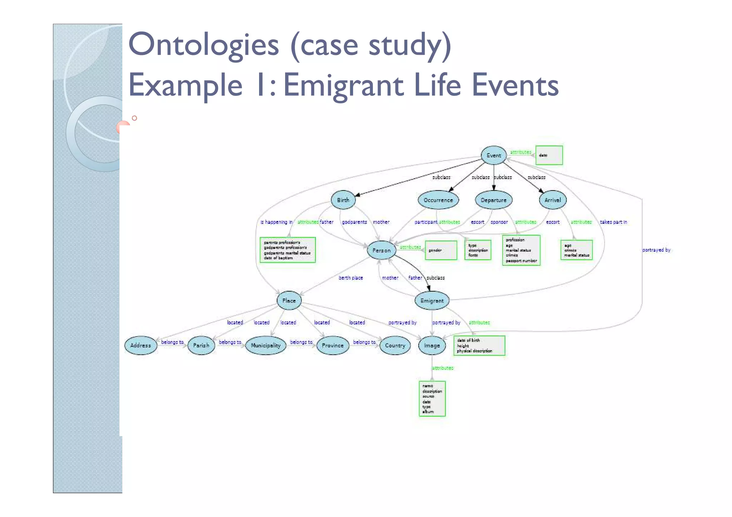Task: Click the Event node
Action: (494, 155)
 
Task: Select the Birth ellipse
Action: (343, 200)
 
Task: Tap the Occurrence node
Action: (438, 200)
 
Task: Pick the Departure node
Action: (494, 200)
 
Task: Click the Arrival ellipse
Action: (553, 200)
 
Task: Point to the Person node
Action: (381, 250)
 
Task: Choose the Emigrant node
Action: (432, 301)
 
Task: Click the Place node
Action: (289, 300)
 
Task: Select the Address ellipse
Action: (140, 346)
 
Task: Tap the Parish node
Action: (201, 346)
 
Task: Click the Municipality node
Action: (266, 346)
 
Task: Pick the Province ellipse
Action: (332, 346)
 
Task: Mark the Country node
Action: (395, 346)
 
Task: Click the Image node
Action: (432, 346)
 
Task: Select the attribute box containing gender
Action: (441, 250)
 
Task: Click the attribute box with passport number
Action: (521, 250)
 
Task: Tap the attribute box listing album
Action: (432, 399)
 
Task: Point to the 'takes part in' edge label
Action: (613, 222)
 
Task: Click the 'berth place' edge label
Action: (351, 278)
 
